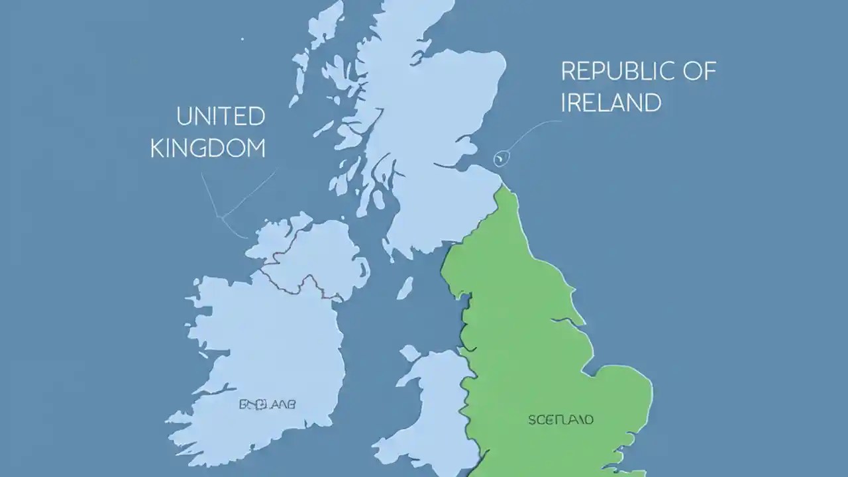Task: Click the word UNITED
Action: point(221,117)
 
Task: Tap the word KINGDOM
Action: point(208,148)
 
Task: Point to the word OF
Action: point(700,72)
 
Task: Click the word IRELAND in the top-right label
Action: point(610,103)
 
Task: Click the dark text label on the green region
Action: point(560,419)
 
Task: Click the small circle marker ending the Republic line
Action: point(500,158)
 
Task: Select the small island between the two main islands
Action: point(405,288)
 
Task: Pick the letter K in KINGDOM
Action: point(156,148)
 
